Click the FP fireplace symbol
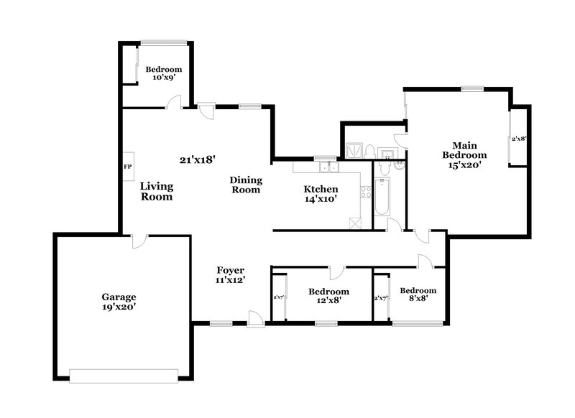(x=128, y=167)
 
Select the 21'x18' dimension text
(x=198, y=159)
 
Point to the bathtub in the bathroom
(x=382, y=199)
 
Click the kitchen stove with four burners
(x=365, y=192)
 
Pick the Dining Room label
(x=246, y=185)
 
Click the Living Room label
(x=156, y=191)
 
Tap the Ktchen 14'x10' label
(x=321, y=194)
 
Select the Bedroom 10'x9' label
(x=163, y=73)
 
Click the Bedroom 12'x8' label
(x=328, y=296)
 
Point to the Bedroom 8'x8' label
(x=418, y=295)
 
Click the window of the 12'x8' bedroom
(x=326, y=324)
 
